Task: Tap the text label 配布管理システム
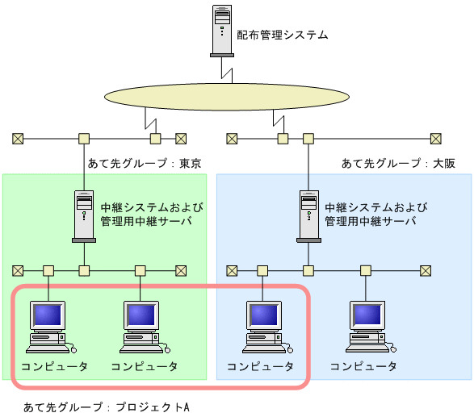coord(283,35)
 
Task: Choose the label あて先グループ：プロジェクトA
coord(106,407)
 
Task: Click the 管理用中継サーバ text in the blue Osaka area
coord(371,220)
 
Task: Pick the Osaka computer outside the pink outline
coord(369,327)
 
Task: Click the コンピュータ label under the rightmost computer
coord(363,366)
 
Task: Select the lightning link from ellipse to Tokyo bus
coord(149,121)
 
